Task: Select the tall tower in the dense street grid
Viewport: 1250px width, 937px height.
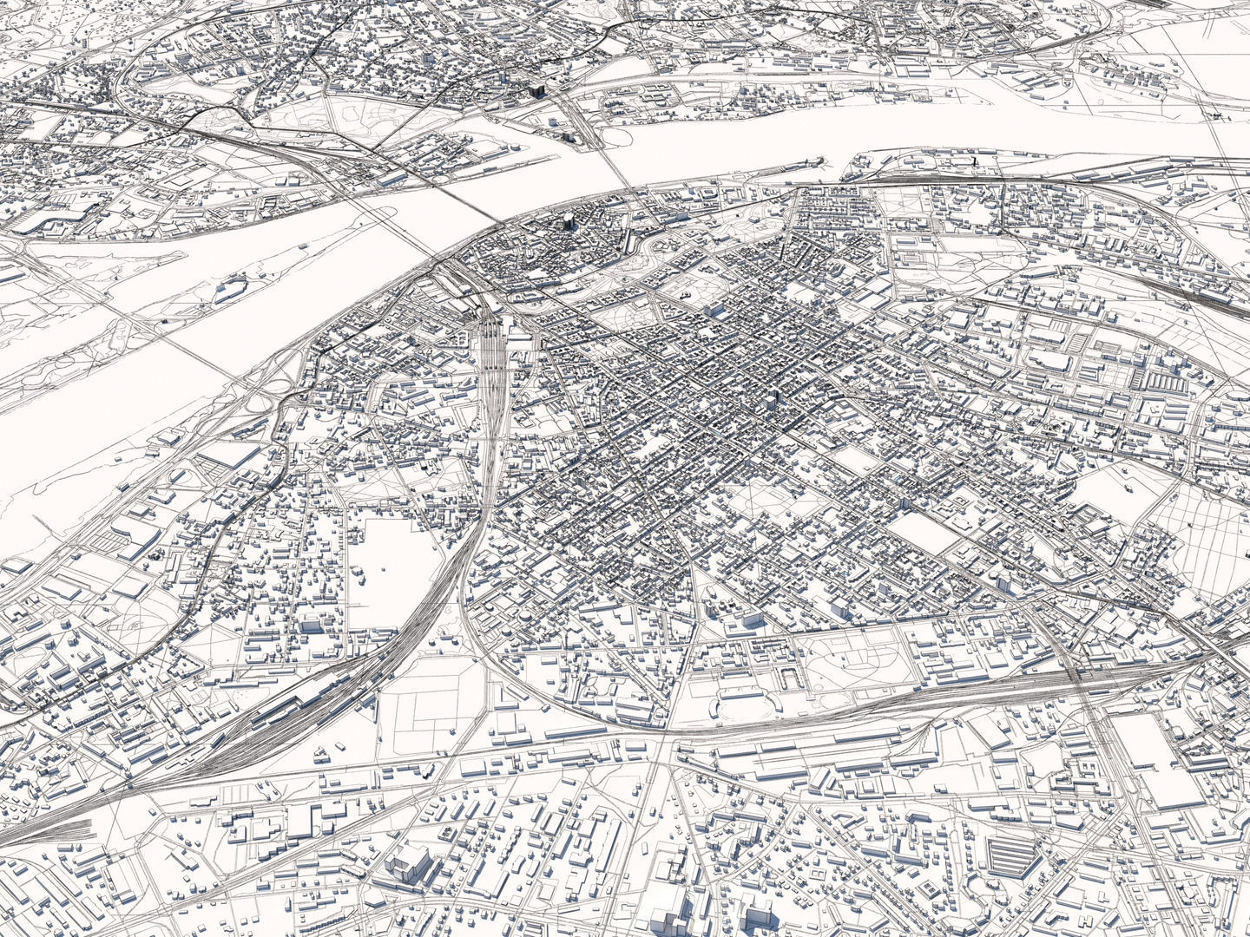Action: (x=773, y=402)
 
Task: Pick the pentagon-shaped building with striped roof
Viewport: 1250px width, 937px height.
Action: (x=1012, y=855)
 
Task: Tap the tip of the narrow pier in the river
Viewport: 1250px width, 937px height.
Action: (x=820, y=160)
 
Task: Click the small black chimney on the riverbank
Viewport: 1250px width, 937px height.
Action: (x=974, y=161)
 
